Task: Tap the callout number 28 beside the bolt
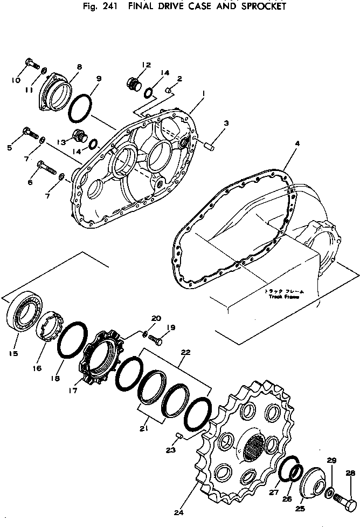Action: (x=350, y=474)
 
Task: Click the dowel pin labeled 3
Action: (x=209, y=144)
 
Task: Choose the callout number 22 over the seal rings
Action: (x=185, y=353)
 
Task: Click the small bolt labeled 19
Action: (x=156, y=340)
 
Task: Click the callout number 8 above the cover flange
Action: (x=79, y=67)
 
